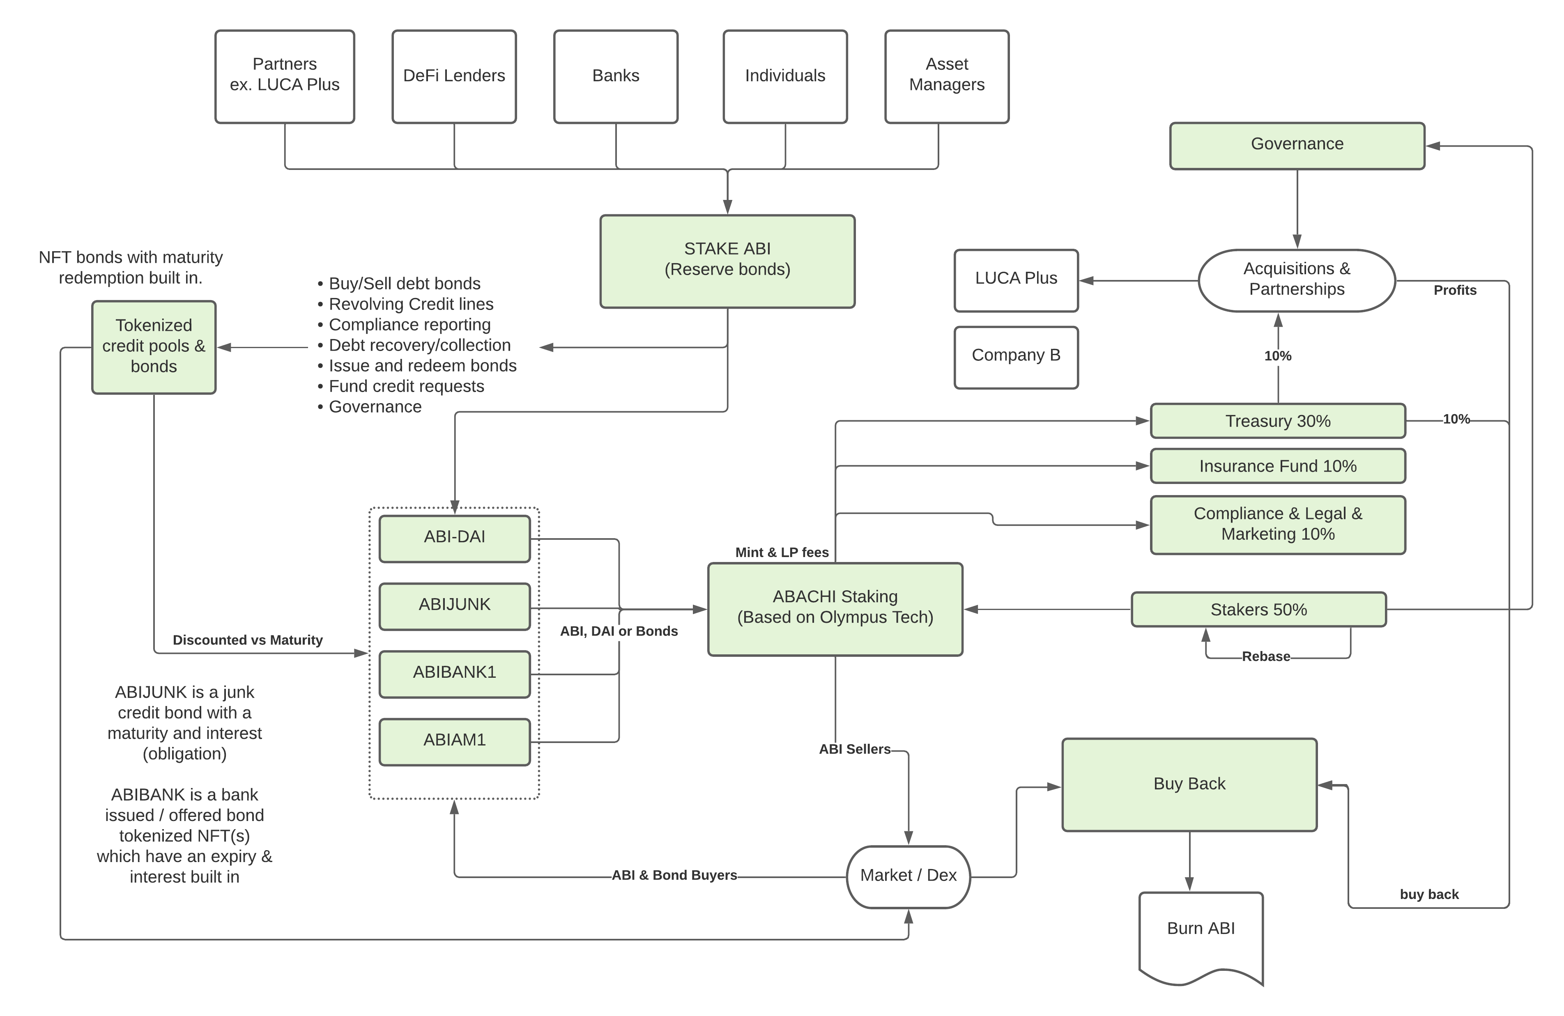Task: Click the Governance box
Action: pos(1297,146)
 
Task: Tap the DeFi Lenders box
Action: pos(454,76)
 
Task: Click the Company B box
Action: pos(1016,357)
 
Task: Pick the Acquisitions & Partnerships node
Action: pos(1297,280)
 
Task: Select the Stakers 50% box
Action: pos(1258,610)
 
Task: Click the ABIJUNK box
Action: pos(455,606)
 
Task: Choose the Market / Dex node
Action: pos(908,877)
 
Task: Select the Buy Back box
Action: pos(1189,785)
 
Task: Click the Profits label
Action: pos(1455,290)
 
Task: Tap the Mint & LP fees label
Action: pos(782,552)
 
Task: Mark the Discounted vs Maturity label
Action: pos(248,640)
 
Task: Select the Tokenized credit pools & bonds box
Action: pos(154,347)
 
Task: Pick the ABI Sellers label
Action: pos(854,749)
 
